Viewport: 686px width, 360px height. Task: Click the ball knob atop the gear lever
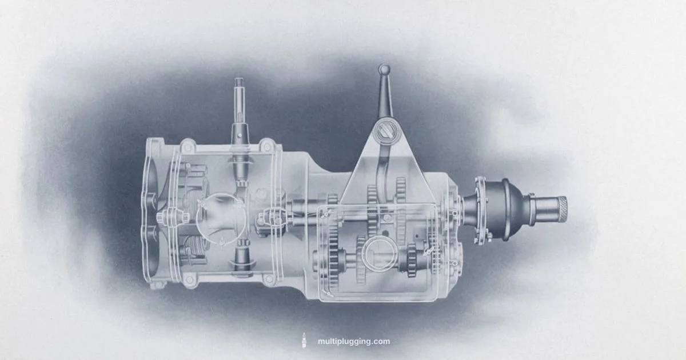(x=384, y=70)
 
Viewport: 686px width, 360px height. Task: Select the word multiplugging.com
(x=354, y=342)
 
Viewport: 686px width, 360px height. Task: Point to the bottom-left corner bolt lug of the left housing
(x=187, y=279)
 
